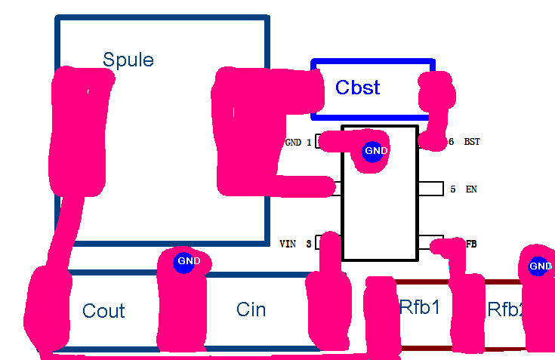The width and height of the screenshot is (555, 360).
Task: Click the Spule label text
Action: (128, 60)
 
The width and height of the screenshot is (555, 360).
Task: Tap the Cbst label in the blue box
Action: (357, 88)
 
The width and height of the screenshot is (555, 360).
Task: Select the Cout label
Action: (103, 311)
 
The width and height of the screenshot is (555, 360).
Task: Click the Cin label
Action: (251, 309)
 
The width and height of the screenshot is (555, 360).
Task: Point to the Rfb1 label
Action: (420, 308)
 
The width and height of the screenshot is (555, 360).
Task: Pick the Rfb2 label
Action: (505, 309)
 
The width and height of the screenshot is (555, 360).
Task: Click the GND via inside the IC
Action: (375, 151)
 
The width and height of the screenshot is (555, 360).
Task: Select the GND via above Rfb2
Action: (539, 266)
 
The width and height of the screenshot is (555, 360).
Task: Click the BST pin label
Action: (471, 142)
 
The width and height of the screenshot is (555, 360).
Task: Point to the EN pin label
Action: (471, 189)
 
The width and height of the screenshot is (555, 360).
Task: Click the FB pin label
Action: (470, 244)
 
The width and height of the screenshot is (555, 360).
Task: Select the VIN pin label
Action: (288, 244)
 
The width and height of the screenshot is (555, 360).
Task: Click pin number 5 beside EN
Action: (453, 189)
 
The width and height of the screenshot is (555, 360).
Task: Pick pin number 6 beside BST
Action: (452, 142)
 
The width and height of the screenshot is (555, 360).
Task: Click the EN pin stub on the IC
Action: (430, 189)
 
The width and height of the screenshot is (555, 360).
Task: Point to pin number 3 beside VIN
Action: (308, 244)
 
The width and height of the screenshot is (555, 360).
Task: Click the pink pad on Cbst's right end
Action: (437, 94)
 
